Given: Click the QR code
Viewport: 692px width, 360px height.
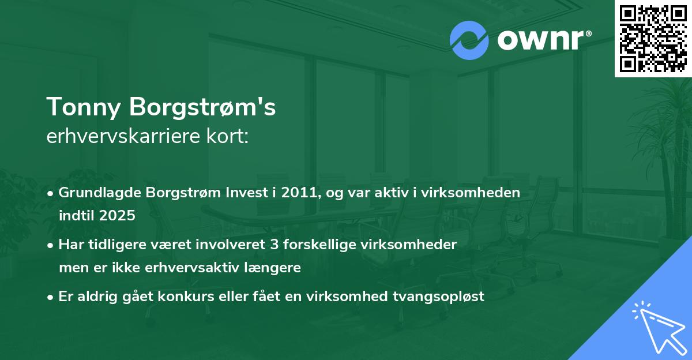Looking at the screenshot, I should (x=653, y=38).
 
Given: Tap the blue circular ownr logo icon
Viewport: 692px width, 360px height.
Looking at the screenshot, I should (x=469, y=40).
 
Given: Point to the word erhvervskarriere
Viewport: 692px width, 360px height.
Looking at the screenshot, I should (x=123, y=137).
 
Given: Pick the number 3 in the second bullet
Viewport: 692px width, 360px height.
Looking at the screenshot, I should (x=273, y=245).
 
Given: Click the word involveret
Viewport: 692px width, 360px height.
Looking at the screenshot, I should (x=232, y=245).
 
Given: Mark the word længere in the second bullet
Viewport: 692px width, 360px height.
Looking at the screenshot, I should (x=273, y=268).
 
